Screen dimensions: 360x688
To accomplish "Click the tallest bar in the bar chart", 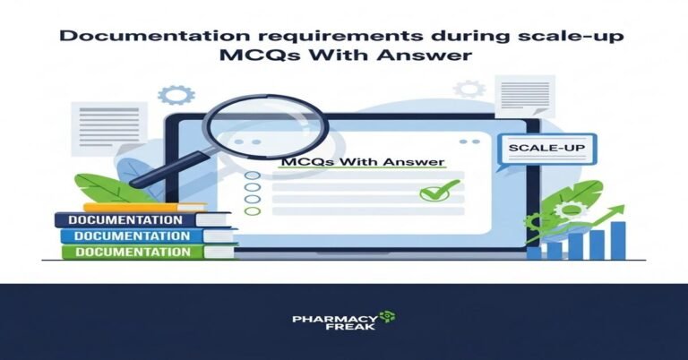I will [617, 238].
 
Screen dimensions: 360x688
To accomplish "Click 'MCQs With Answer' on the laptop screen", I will [362, 163].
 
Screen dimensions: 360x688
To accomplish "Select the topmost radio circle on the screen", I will [254, 176].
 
